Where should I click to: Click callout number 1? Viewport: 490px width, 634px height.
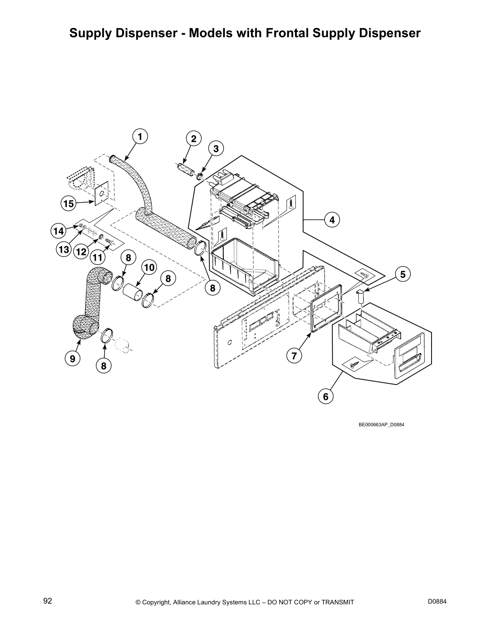tap(140, 136)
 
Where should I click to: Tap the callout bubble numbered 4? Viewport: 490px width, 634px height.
tap(332, 220)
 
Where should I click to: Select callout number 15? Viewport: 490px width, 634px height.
tap(68, 204)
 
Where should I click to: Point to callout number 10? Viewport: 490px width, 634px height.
tap(149, 267)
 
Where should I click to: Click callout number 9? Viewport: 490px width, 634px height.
tap(72, 359)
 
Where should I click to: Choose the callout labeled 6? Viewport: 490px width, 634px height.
tap(325, 397)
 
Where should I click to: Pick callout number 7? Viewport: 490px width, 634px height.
tap(294, 355)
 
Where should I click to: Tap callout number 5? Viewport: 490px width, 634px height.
tap(403, 274)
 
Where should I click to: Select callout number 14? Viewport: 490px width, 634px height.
tap(58, 231)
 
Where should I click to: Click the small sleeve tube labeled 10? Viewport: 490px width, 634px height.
tap(133, 292)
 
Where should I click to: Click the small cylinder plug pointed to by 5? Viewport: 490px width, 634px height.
tap(359, 297)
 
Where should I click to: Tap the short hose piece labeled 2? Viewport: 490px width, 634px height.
tap(185, 167)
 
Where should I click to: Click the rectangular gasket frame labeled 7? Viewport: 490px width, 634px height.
tap(326, 307)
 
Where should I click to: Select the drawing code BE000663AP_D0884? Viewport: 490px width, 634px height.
tap(381, 425)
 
